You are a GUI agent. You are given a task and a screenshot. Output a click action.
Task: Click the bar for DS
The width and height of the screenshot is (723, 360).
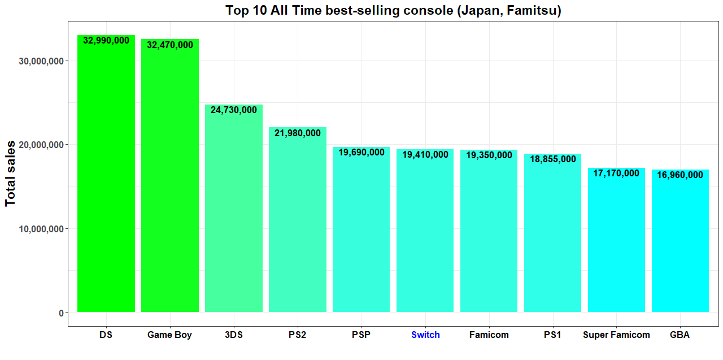(106, 175)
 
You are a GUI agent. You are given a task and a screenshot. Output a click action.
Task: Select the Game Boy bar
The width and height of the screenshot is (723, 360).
(169, 178)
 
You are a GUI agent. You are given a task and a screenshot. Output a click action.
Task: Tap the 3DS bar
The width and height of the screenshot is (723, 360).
(233, 209)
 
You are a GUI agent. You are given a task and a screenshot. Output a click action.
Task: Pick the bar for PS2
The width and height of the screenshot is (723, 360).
(297, 220)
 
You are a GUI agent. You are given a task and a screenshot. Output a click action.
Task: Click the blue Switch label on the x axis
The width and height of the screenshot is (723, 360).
(425, 335)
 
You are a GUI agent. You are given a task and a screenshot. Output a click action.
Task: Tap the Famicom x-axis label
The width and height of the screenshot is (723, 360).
(489, 335)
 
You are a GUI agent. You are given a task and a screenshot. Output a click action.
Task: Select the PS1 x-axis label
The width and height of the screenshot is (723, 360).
(552, 335)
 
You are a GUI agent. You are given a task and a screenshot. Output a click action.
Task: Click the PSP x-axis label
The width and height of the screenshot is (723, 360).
(361, 335)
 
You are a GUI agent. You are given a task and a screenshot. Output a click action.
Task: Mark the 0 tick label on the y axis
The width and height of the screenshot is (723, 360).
(60, 313)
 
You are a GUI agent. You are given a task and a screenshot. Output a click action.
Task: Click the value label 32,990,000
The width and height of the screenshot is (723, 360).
(106, 41)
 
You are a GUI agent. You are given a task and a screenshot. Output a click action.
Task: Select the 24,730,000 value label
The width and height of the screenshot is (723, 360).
(233, 110)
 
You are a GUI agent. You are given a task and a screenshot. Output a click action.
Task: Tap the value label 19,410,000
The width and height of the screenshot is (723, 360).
(425, 154)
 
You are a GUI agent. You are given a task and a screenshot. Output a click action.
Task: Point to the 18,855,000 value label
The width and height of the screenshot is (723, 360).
(552, 159)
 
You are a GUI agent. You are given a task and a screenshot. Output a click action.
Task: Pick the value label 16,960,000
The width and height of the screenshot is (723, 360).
(680, 175)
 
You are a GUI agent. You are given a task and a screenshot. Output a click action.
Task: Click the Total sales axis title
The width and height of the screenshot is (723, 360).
(11, 173)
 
